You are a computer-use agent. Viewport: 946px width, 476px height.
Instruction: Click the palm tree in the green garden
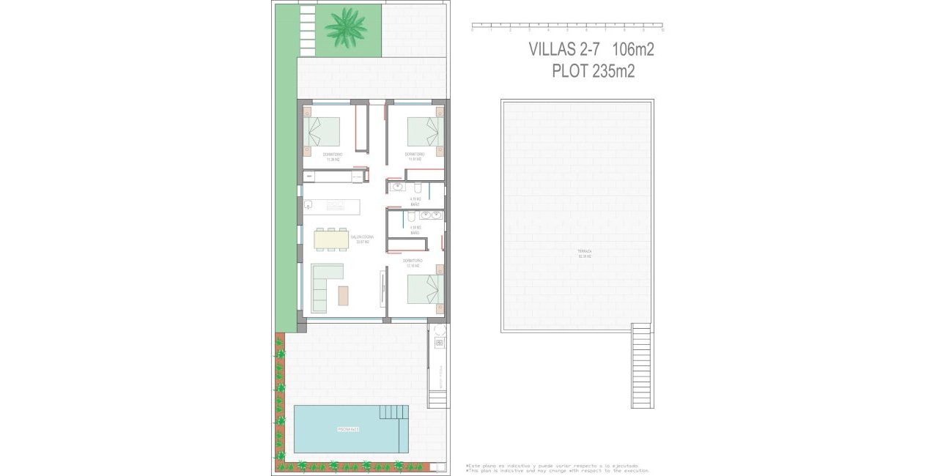point(345,28)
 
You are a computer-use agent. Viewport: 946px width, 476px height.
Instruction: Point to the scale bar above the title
point(567,28)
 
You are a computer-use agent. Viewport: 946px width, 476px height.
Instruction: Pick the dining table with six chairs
point(332,239)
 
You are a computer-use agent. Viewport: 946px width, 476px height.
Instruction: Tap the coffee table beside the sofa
point(344,294)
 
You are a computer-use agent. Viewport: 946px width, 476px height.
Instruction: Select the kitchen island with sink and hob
point(332,206)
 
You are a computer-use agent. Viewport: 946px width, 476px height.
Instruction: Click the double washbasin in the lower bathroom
point(430,215)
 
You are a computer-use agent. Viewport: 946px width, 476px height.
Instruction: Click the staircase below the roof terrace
point(641,366)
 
